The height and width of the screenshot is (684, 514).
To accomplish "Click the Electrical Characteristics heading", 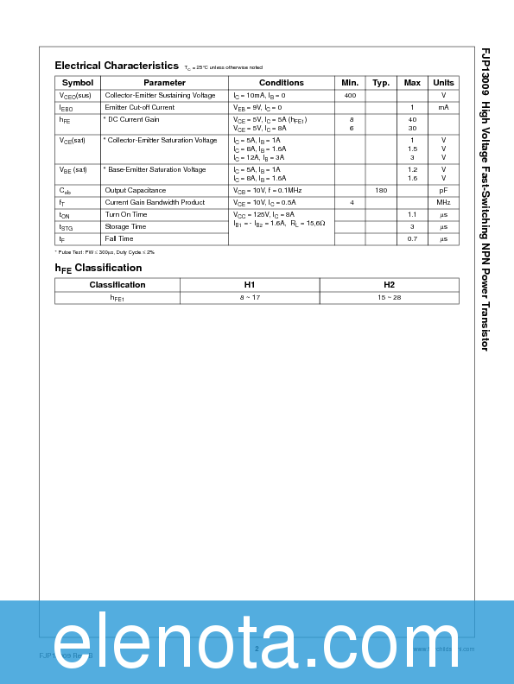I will click(x=117, y=66).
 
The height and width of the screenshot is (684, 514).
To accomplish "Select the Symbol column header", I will click(x=78, y=83).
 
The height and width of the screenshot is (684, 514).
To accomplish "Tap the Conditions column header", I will click(x=282, y=83).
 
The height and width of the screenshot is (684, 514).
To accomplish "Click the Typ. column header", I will click(x=381, y=83).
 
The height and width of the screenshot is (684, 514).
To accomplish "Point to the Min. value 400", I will click(x=350, y=95).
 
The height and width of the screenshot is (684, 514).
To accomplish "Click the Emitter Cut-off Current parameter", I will click(x=139, y=107).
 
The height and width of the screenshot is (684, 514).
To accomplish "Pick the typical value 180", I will click(x=381, y=190).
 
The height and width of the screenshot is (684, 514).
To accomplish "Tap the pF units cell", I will click(x=443, y=190).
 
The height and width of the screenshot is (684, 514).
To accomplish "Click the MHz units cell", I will click(x=443, y=202).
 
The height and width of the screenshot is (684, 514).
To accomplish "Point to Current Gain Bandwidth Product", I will click(x=155, y=202).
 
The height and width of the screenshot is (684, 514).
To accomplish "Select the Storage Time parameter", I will click(x=125, y=226).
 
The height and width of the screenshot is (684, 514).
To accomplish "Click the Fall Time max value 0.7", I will click(x=412, y=238).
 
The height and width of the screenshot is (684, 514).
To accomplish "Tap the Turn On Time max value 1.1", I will click(x=412, y=214).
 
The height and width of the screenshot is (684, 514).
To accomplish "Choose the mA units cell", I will click(x=443, y=107).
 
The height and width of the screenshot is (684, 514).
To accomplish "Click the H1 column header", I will click(x=249, y=285).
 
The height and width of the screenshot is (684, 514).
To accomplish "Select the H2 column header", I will click(x=389, y=285).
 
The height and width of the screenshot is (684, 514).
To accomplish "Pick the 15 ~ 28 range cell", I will click(x=389, y=297).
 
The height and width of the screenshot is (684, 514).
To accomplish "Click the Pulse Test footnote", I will click(x=104, y=252).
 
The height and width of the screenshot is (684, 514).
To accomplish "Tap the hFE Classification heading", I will click(x=98, y=268).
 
